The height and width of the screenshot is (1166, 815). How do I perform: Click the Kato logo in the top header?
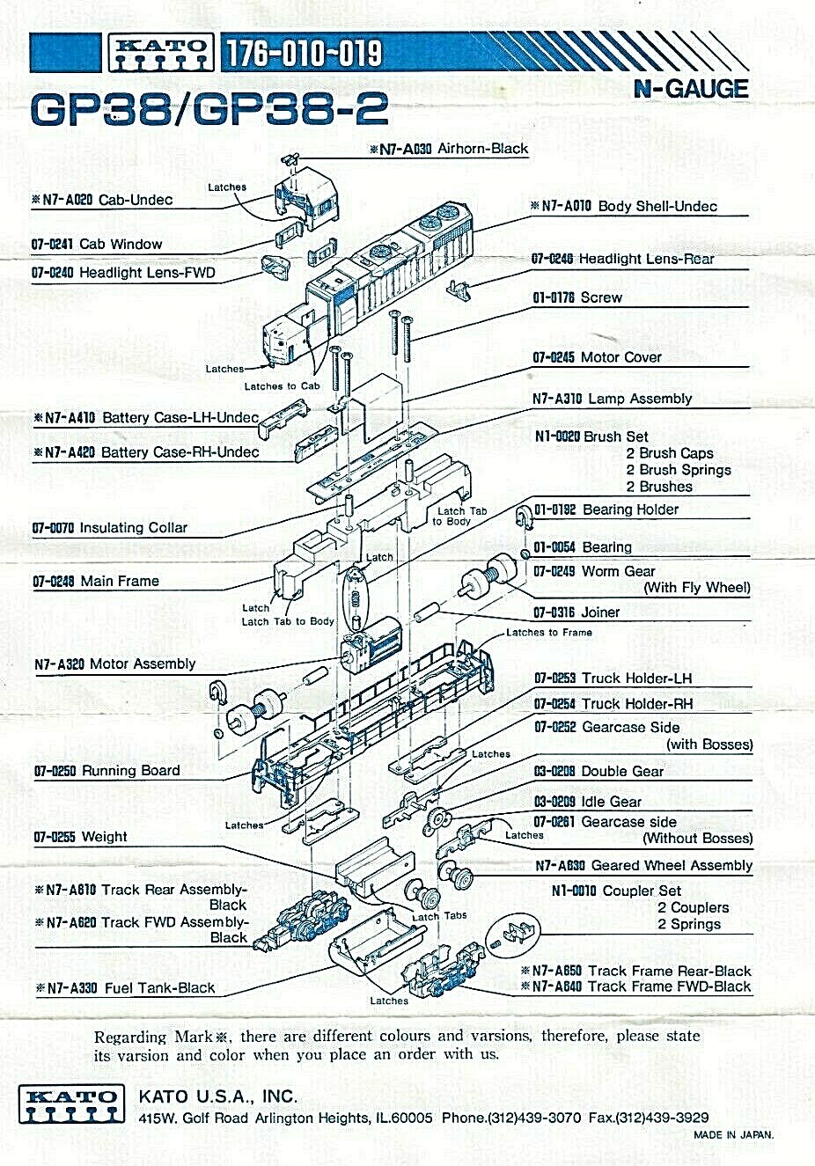pyautogui.click(x=161, y=53)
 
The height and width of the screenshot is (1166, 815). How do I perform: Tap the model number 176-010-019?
pyautogui.click(x=304, y=53)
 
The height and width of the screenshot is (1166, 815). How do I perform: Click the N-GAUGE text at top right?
pyautogui.click(x=691, y=89)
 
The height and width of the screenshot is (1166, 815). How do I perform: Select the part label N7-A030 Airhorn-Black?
pyautogui.click(x=449, y=149)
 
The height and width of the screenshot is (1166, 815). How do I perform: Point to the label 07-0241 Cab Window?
pyautogui.click(x=97, y=244)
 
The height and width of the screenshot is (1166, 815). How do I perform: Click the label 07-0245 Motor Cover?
pyautogui.click(x=597, y=357)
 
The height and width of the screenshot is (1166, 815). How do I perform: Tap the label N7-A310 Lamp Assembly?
pyautogui.click(x=612, y=399)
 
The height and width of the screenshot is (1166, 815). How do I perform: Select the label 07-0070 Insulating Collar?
pyautogui.click(x=110, y=528)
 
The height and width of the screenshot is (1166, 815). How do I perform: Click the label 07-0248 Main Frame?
pyautogui.click(x=96, y=581)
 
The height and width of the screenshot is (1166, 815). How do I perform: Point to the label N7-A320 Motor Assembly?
pyautogui.click(x=115, y=664)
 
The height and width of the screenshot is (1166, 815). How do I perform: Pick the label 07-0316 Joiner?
pyautogui.click(x=576, y=612)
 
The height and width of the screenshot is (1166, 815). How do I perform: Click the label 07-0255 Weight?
pyautogui.click(x=81, y=837)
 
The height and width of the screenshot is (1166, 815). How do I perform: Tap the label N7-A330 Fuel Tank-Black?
pyautogui.click(x=125, y=988)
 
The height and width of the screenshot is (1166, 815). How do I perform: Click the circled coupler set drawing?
pyautogui.click(x=512, y=935)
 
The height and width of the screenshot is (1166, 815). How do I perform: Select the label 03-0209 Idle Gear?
pyautogui.click(x=588, y=802)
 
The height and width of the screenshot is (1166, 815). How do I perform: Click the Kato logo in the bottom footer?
pyautogui.click(x=72, y=1104)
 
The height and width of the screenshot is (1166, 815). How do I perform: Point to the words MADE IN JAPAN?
pyautogui.click(x=734, y=1135)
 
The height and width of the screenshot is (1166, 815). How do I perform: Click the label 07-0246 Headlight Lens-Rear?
pyautogui.click(x=623, y=259)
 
